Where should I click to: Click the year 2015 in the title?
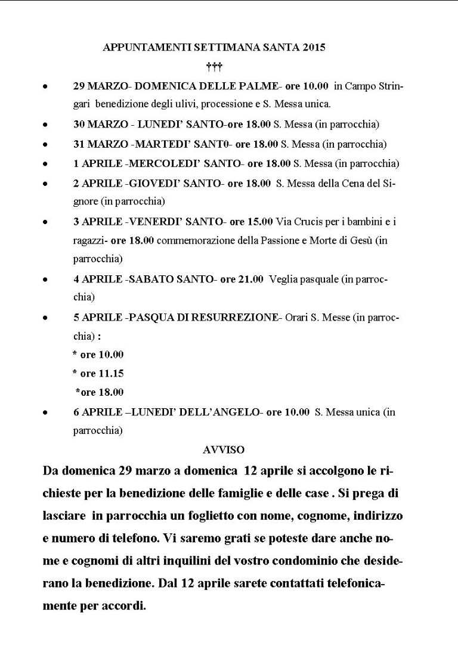(x=314, y=48)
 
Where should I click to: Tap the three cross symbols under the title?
(x=214, y=66)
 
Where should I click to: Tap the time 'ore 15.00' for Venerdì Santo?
(x=251, y=222)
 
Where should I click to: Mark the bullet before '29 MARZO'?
(x=45, y=86)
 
